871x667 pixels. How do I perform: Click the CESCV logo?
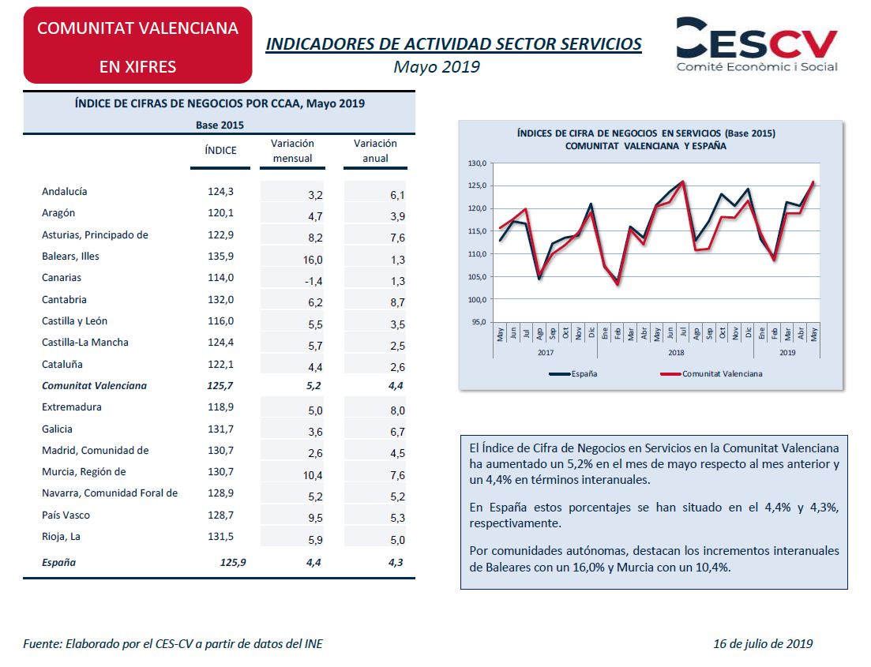tap(756, 44)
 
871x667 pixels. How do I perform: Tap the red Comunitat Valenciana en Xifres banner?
tap(137, 46)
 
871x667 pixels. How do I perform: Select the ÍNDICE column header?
tap(220, 151)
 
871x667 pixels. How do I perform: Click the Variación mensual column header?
tap(292, 151)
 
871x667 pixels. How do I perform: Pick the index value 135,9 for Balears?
tap(220, 256)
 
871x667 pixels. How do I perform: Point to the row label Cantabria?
tap(64, 299)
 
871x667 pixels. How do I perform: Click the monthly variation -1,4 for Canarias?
tap(313, 281)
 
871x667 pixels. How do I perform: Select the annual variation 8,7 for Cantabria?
tap(397, 302)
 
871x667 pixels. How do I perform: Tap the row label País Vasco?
tap(66, 515)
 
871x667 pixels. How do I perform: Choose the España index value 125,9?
tap(233, 562)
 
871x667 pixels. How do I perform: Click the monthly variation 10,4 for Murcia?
tap(313, 475)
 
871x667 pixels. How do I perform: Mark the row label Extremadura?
tap(72, 407)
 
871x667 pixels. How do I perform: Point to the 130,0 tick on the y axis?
tap(477, 163)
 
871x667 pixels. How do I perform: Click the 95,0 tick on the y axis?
tap(479, 321)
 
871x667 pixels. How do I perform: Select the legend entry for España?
tap(573, 374)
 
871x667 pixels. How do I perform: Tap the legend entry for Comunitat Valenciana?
tap(711, 374)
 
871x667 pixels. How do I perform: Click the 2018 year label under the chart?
tap(676, 353)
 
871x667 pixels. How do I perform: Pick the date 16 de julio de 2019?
tap(763, 643)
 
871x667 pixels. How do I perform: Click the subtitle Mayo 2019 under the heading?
tap(437, 66)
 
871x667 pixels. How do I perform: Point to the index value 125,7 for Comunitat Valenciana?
tap(220, 385)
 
